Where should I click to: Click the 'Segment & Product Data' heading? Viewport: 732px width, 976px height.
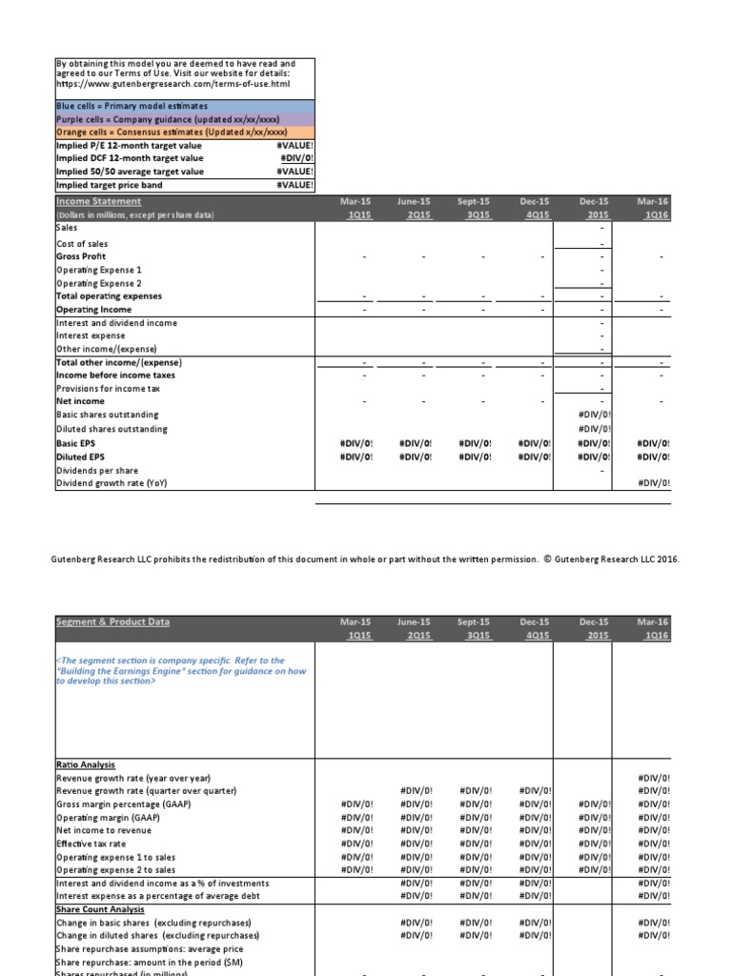click(x=112, y=621)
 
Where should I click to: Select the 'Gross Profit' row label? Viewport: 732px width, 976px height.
click(x=81, y=256)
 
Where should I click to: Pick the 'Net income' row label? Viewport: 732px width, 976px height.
click(x=80, y=401)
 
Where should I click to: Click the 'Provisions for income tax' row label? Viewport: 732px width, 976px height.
click(x=108, y=389)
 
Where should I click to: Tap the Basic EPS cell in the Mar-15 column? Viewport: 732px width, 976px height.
click(x=356, y=443)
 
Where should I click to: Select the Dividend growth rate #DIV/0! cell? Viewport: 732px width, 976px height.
click(x=653, y=483)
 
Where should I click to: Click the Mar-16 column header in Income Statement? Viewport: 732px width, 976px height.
click(x=653, y=201)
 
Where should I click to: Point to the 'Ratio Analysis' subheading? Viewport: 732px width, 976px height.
click(x=86, y=764)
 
